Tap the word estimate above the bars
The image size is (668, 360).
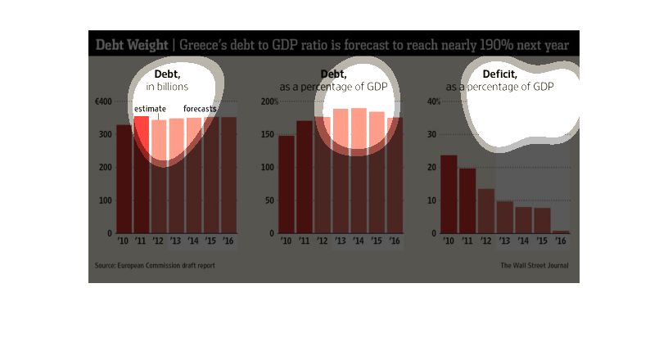pyautogui.click(x=150, y=109)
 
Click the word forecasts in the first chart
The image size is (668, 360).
pyautogui.click(x=200, y=109)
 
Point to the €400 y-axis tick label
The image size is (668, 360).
pyautogui.click(x=103, y=101)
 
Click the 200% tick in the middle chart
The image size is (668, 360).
pyautogui.click(x=270, y=101)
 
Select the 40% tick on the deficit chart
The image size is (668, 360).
pyautogui.click(x=434, y=101)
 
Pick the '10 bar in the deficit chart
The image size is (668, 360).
pyautogui.click(x=449, y=194)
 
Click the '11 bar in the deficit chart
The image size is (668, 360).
pyautogui.click(x=467, y=200)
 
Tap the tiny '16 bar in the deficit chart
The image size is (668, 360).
pyautogui.click(x=561, y=232)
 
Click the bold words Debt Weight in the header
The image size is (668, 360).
pyautogui.click(x=131, y=44)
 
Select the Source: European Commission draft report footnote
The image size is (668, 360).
pyautogui.click(x=155, y=265)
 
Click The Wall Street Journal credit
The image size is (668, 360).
pyautogui.click(x=534, y=265)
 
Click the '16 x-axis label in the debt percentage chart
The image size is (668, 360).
pyautogui.click(x=394, y=241)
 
